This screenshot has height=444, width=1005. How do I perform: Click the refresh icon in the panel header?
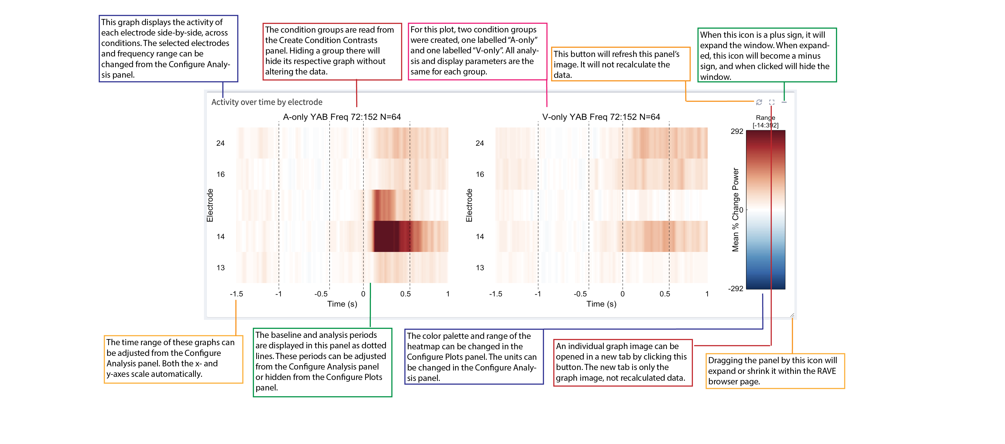point(759,102)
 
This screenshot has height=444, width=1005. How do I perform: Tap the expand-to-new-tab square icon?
point(772,102)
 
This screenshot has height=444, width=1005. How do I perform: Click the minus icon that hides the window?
point(784,102)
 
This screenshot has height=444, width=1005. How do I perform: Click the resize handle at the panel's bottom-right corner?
point(792,315)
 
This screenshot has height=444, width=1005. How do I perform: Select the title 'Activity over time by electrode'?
point(267,102)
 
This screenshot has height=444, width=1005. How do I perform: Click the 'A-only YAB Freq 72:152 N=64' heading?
point(342,117)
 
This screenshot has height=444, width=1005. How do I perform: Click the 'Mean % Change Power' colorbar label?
point(735,210)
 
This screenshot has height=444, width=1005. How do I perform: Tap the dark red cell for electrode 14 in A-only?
point(390,236)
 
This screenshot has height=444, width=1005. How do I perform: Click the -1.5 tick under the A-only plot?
point(236,294)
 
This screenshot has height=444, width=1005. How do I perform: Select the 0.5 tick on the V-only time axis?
point(665,294)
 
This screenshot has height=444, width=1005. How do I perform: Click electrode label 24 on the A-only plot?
point(220,143)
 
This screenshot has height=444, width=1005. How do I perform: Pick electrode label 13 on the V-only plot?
point(480,268)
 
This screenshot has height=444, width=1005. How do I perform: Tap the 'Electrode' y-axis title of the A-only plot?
point(210,205)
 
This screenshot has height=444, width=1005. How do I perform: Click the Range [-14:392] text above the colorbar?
point(766,121)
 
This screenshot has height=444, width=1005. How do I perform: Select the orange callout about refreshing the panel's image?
point(620,64)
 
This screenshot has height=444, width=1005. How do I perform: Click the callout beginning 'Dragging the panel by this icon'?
point(775,371)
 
